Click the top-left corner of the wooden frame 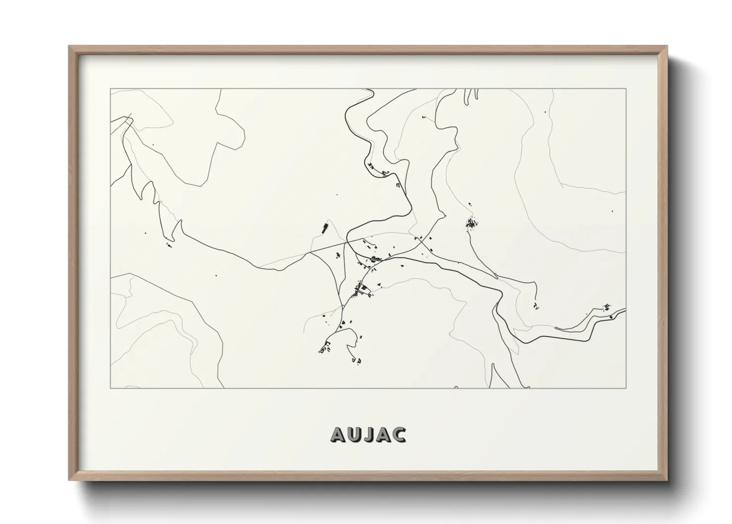coord(69,47)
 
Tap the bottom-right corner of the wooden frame coord(668,480)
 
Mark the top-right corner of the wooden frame coord(668,47)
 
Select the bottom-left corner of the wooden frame coord(69,480)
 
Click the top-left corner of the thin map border coord(110,89)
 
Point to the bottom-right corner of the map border coord(626,388)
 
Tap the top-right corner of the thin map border coord(626,89)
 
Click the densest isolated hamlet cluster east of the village coord(471,224)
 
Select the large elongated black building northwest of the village coord(325,228)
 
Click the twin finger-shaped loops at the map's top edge coord(471,96)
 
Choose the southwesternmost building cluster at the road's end coord(324,349)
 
